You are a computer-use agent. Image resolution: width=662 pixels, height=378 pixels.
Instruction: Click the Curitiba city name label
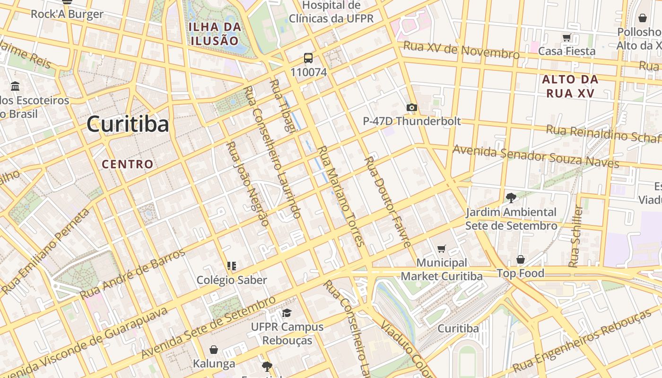(128, 125)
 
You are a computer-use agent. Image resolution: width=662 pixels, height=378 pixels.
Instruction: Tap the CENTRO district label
(128, 164)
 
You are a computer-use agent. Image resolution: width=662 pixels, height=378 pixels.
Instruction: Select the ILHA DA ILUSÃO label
(215, 34)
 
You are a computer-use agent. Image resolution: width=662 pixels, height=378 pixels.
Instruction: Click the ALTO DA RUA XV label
(570, 86)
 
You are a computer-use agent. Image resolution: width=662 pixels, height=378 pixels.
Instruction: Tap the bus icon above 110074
(308, 58)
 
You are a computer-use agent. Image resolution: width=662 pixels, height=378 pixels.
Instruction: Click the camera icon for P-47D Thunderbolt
(412, 107)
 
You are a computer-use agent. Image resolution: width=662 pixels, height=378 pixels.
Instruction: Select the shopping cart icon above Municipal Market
(442, 249)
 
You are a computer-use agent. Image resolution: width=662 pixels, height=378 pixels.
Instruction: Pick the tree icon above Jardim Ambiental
(511, 198)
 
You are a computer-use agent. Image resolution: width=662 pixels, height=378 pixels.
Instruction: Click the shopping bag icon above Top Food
(520, 259)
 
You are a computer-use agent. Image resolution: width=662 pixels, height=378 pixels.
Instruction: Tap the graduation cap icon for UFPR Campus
(287, 313)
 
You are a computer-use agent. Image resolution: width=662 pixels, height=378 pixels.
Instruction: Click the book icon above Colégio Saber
(231, 266)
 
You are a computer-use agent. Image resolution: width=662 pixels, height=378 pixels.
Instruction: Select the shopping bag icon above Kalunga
(214, 350)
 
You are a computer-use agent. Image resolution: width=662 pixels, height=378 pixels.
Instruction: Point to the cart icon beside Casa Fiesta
(566, 37)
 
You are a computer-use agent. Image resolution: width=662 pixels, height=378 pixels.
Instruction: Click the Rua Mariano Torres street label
(340, 196)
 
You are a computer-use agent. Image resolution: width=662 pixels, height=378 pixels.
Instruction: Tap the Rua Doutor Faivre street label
(387, 202)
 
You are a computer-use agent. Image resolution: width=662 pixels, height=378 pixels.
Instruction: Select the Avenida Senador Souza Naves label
(536, 156)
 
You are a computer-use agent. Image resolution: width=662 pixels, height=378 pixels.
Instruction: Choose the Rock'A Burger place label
(67, 14)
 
